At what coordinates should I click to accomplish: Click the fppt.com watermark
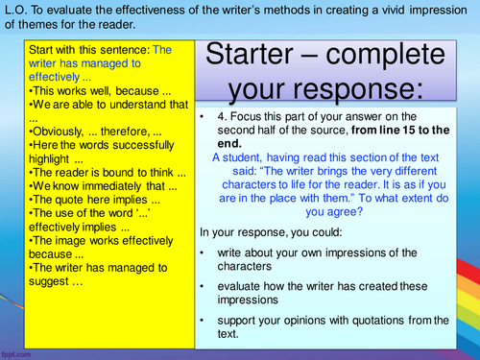[18, 352]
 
